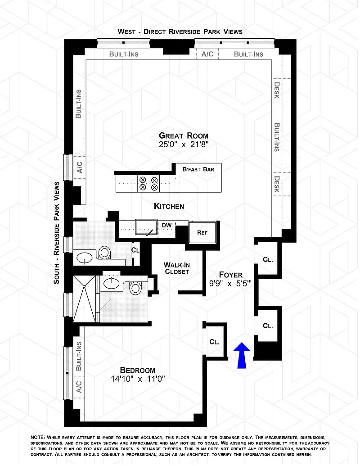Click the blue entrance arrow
point(242,355)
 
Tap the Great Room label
point(184,136)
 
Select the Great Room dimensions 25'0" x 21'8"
point(184,145)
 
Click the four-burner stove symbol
point(148,184)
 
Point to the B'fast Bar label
point(198,169)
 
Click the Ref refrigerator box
point(202,232)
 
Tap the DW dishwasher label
point(166,225)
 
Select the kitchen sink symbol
point(146,227)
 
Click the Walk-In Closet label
point(177,268)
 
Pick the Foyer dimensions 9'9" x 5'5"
point(230,284)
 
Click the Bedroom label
point(138,370)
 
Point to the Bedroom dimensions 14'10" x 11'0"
point(138,379)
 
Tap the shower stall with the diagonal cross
point(84,299)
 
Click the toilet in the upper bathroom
point(104,253)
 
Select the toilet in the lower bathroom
point(135,288)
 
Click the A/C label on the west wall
point(207,54)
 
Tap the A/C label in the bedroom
point(79,387)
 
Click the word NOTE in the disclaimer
point(38,438)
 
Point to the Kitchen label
point(169,206)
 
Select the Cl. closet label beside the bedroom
point(215,342)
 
